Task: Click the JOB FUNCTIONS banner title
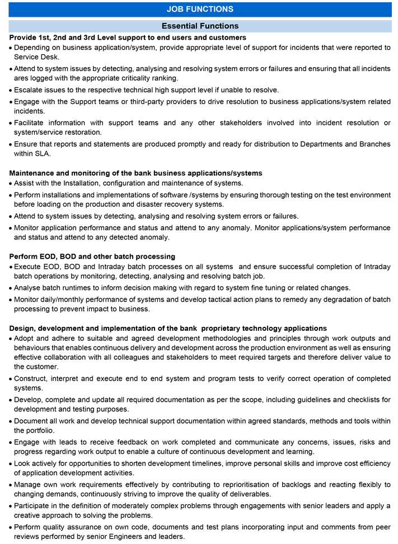[200, 10]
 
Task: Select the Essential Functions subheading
[200, 26]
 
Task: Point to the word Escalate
[30, 90]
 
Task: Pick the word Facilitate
[32, 123]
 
